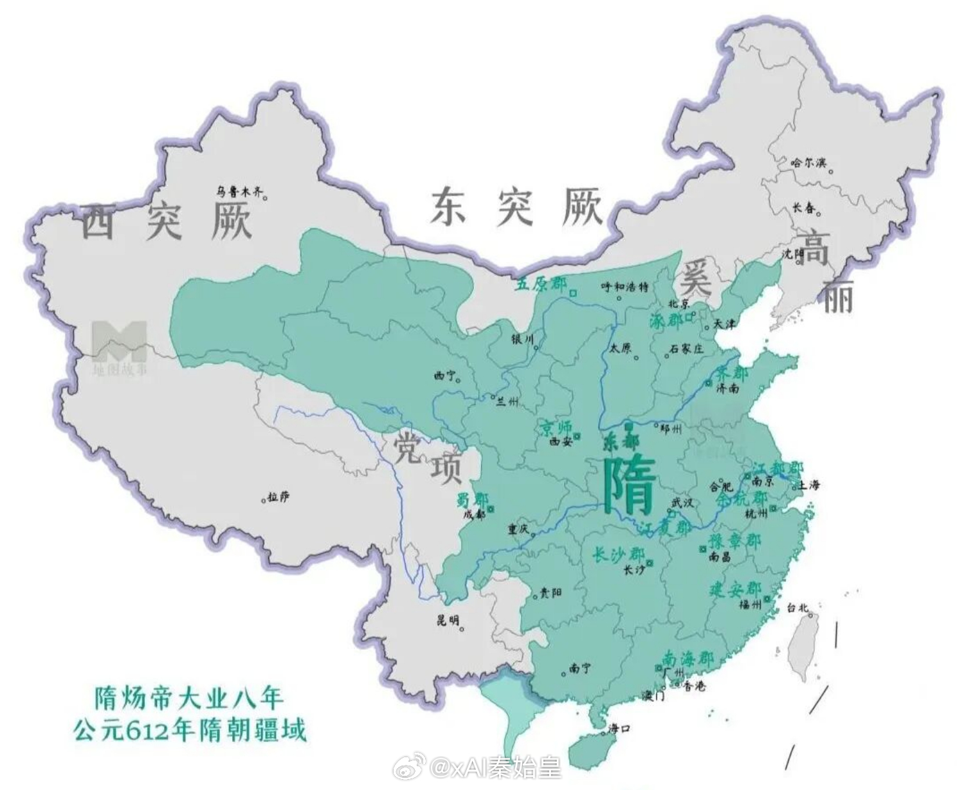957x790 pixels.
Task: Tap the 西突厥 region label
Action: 166,222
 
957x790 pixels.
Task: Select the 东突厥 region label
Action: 516,207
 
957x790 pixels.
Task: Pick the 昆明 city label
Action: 448,620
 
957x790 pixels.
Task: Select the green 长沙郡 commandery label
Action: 618,555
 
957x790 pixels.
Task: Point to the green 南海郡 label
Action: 688,659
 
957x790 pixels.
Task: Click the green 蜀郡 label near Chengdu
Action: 472,500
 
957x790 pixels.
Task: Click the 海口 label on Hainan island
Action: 619,729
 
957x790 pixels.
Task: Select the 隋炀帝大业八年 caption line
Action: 189,697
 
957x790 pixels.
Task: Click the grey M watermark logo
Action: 119,341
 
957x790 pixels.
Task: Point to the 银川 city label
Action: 522,339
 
